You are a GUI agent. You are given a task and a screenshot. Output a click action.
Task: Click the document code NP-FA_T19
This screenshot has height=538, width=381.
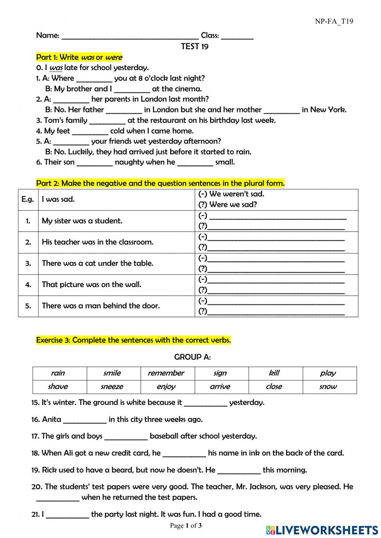[334, 21]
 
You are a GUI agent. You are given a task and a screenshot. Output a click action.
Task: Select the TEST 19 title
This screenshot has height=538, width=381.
[195, 46]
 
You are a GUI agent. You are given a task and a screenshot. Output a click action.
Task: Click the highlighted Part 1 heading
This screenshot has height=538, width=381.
[79, 57]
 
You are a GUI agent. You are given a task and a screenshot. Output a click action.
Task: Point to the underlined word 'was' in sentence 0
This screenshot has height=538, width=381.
[56, 68]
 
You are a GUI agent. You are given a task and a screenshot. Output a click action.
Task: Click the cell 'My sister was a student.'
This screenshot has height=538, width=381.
[82, 221]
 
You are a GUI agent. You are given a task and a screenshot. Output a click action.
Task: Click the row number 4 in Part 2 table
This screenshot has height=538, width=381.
[28, 285]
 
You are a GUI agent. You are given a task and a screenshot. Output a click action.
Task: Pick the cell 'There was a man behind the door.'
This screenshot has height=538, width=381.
[101, 306]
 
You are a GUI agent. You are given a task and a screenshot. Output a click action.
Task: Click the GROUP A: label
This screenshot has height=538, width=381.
[192, 357]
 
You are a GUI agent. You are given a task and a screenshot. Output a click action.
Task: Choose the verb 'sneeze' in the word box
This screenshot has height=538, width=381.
[112, 387]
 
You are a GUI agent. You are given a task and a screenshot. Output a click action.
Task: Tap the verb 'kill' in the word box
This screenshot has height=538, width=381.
[274, 373]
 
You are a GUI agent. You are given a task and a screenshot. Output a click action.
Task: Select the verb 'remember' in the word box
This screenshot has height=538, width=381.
[166, 373]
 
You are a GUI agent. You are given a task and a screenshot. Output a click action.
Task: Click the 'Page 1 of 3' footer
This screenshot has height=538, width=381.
[186, 526]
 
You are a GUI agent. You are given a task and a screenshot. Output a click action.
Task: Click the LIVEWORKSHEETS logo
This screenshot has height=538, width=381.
[322, 530]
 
